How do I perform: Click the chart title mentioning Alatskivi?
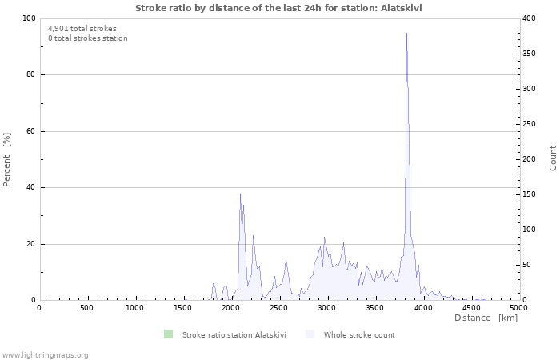coord(279,7)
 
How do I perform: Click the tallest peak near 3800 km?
coord(406,34)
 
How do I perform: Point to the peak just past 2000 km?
coord(240,194)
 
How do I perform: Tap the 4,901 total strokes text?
coord(82,29)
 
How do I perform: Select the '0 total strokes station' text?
coord(87,38)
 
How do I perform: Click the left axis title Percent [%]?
coord(7,159)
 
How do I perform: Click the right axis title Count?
coord(553,158)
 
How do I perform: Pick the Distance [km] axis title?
coord(486,318)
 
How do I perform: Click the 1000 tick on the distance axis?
coord(135,308)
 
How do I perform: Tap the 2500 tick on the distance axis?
coord(278,308)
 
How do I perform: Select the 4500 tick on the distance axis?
coord(470,308)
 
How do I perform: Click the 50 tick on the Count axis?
coord(529,265)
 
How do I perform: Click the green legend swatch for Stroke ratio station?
coord(167,334)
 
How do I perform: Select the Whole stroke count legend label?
coord(359,334)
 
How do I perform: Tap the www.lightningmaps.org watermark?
coord(45,354)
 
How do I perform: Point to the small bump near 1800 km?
coord(214,284)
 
